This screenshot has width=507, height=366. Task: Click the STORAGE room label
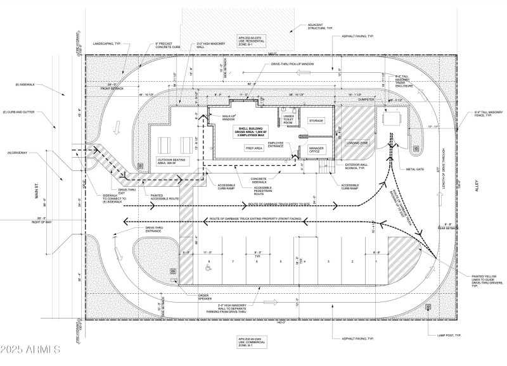(x=316, y=120)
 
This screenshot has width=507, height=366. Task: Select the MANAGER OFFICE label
(x=316, y=149)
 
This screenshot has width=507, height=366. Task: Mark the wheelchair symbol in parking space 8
(x=208, y=268)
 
